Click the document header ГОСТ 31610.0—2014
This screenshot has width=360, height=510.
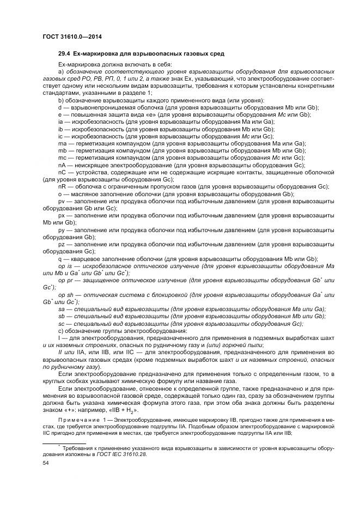click(72, 37)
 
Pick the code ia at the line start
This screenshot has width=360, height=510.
click(60, 122)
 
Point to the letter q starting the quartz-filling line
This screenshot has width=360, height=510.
click(59, 258)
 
